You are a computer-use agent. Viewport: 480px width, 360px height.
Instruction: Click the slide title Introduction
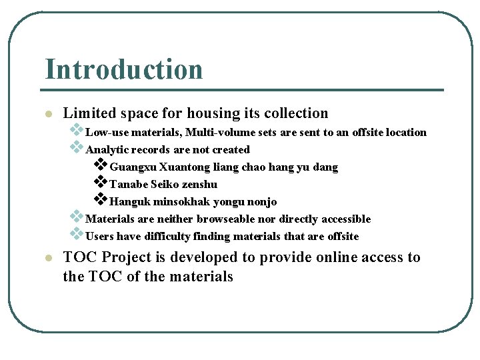tap(123, 69)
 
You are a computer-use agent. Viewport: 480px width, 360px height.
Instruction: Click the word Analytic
tap(106, 149)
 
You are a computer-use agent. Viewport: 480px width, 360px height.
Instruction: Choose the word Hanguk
tap(128, 201)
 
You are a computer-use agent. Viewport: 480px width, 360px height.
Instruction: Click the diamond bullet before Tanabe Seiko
tap(100, 181)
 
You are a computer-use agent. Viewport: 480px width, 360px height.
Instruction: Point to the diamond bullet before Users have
tap(77, 233)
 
